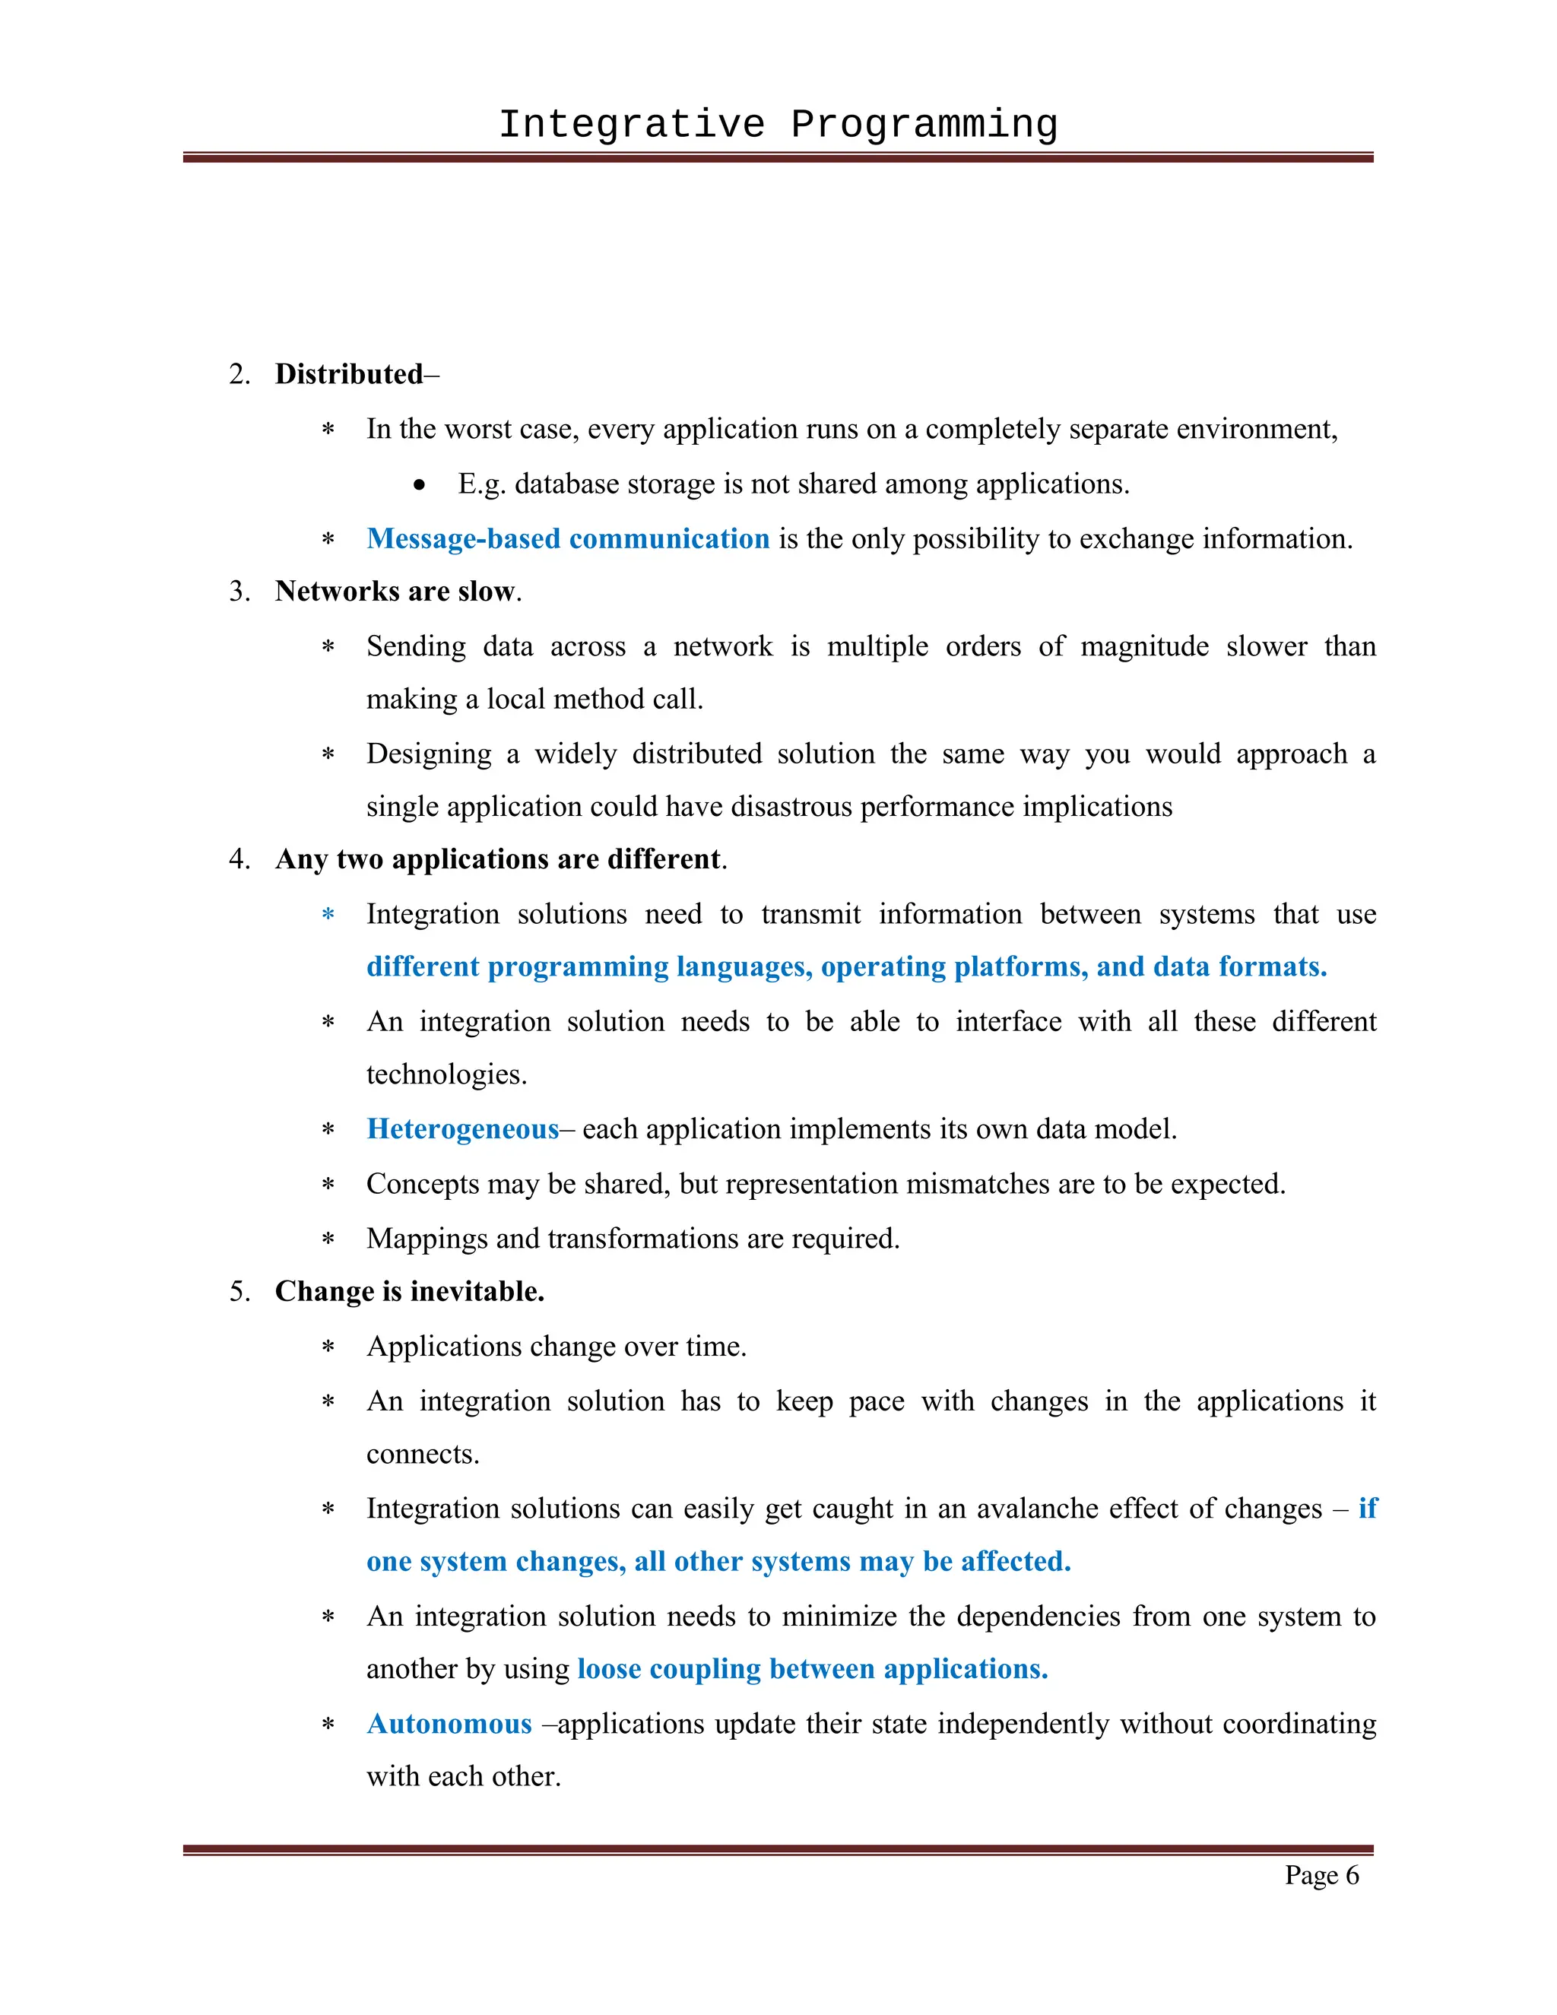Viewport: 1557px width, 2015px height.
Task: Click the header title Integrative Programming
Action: [x=778, y=125]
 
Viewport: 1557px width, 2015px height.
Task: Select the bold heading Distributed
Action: [x=349, y=375]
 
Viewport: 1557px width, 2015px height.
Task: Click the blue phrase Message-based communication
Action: [x=567, y=539]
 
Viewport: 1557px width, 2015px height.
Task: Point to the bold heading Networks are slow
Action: [x=394, y=592]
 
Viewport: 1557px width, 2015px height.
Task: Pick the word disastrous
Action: [x=791, y=808]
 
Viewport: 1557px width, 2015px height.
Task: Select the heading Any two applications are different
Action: [x=498, y=860]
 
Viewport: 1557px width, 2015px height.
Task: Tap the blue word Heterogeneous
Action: [x=462, y=1129]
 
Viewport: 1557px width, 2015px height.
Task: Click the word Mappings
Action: [x=427, y=1239]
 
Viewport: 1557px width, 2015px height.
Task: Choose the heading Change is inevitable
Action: [x=410, y=1292]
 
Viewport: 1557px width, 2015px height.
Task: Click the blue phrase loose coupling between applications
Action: [x=812, y=1669]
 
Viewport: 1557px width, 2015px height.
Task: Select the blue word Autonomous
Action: [x=449, y=1725]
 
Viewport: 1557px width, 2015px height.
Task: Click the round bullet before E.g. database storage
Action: [x=420, y=485]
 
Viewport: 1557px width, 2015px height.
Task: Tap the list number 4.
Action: [x=239, y=860]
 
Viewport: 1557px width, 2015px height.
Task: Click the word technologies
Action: [x=446, y=1075]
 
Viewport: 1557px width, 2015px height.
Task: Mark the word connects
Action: [x=423, y=1454]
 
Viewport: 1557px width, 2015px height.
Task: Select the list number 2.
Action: [x=239, y=375]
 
